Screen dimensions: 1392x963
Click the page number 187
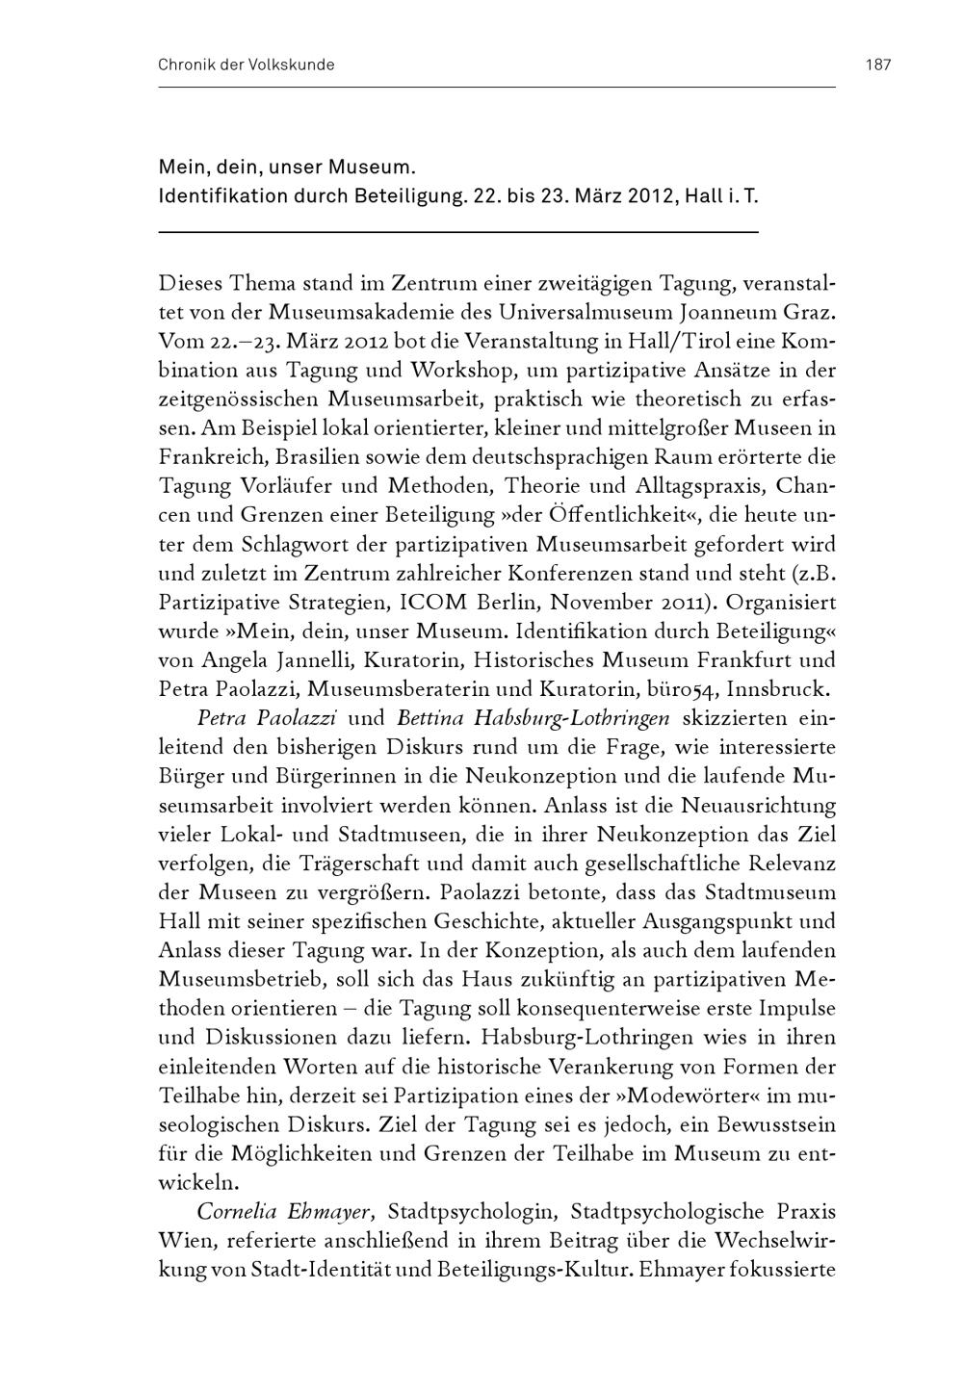[x=878, y=65]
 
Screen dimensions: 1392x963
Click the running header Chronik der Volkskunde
[x=246, y=65]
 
